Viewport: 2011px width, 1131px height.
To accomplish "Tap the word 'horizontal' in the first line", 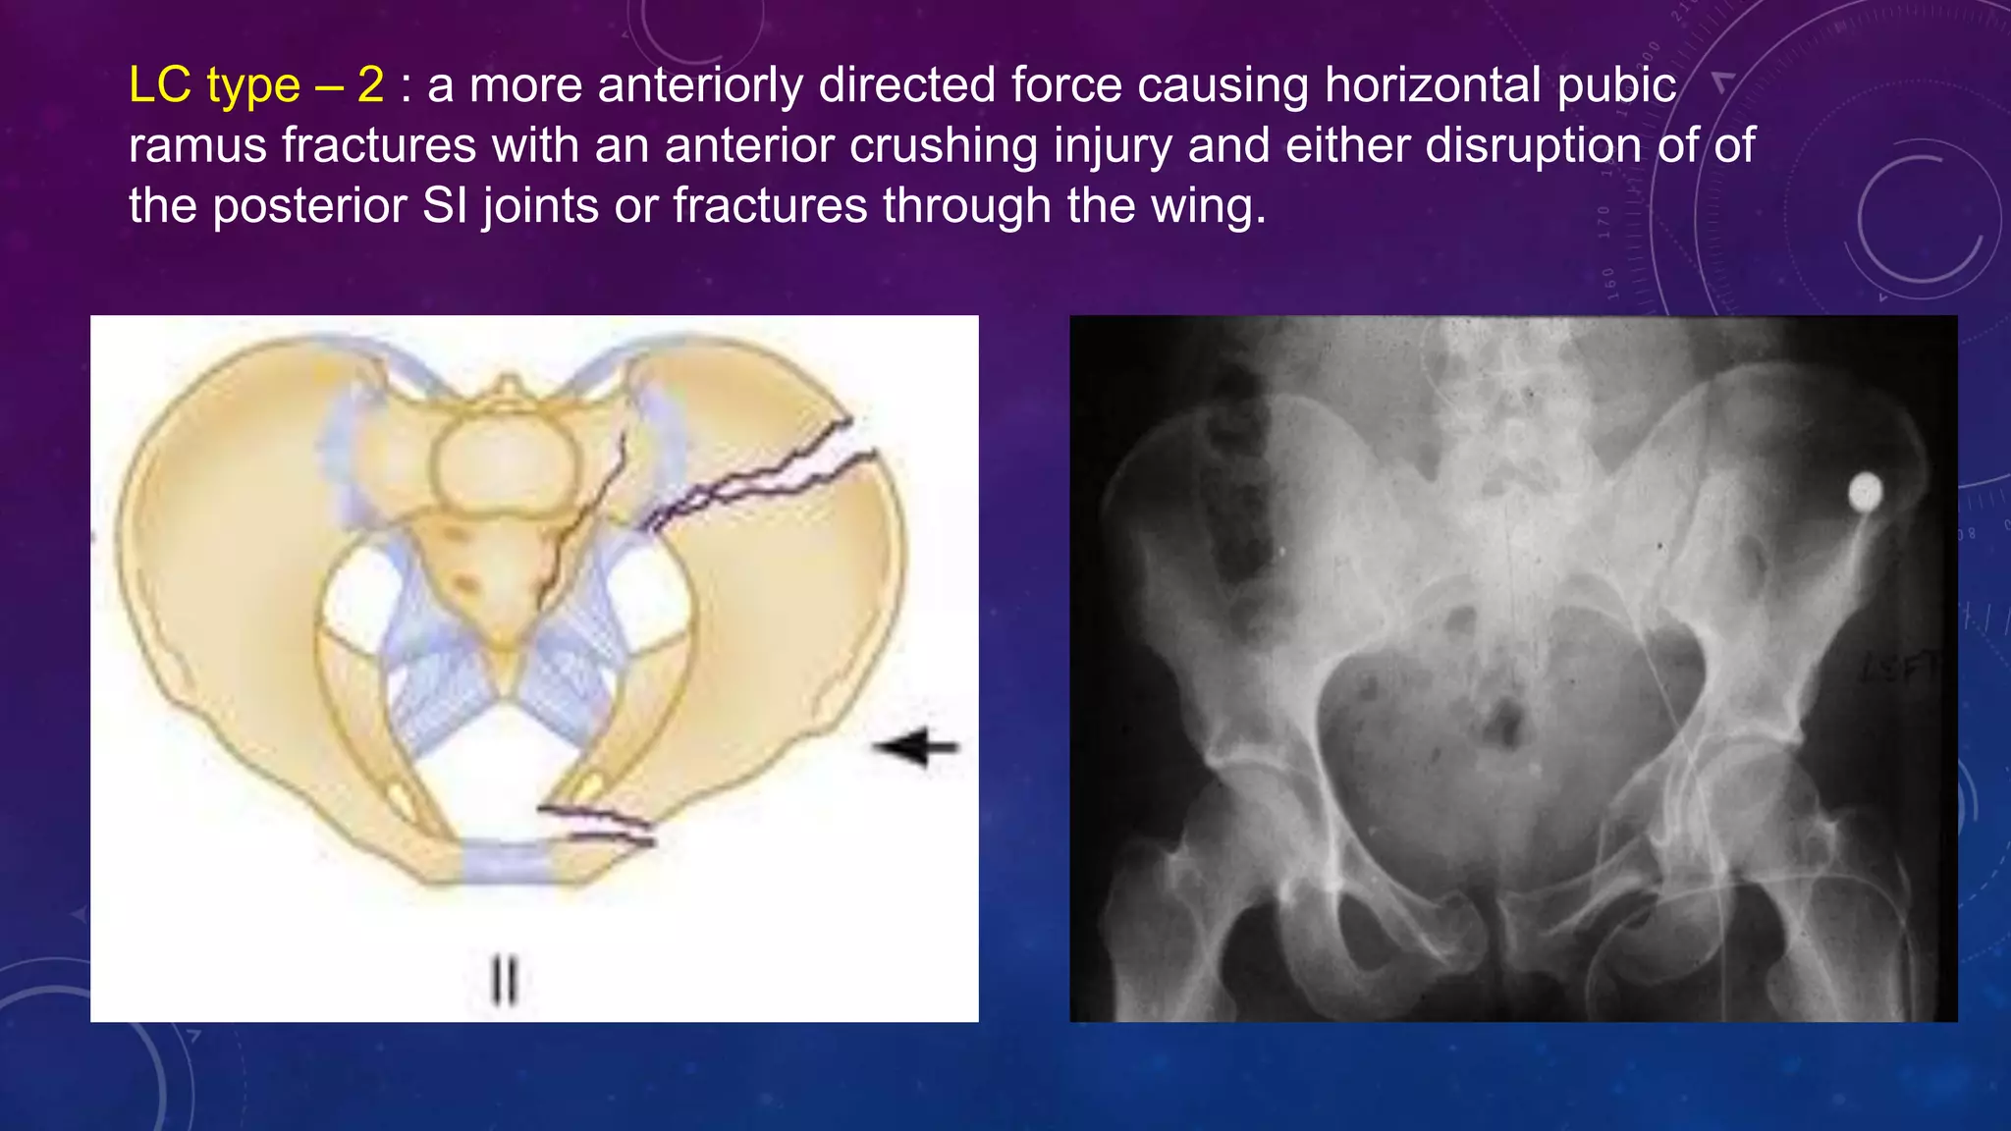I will pos(1433,85).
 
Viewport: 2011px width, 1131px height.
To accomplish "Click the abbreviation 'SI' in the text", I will pos(446,206).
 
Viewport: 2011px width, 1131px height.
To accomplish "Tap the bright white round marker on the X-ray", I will pos(1865,493).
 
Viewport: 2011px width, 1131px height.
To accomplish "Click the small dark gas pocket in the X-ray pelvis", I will pos(1502,722).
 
